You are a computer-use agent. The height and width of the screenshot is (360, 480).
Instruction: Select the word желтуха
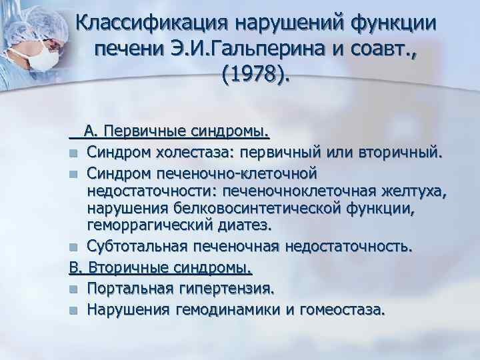pyautogui.click(x=413, y=192)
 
